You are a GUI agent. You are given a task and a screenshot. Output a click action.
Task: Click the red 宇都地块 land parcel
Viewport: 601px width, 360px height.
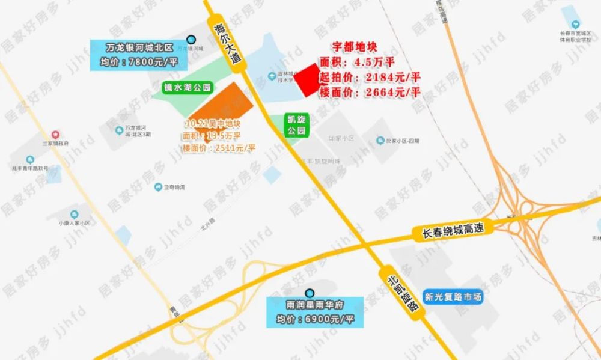(x=309, y=80)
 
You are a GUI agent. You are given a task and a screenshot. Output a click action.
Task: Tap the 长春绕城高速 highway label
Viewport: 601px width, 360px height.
(x=453, y=228)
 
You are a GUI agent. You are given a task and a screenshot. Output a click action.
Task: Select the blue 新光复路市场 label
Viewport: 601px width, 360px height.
(x=453, y=297)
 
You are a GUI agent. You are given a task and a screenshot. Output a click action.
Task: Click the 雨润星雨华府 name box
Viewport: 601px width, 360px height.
(x=314, y=305)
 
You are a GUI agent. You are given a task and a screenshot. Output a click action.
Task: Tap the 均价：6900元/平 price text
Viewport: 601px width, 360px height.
(x=314, y=319)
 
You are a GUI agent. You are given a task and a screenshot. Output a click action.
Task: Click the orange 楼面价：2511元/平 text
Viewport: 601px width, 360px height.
(x=219, y=148)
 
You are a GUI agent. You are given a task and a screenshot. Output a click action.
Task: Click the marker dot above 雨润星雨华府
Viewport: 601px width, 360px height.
(x=310, y=293)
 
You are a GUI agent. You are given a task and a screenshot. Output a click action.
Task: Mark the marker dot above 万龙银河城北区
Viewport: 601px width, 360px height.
(x=191, y=35)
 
